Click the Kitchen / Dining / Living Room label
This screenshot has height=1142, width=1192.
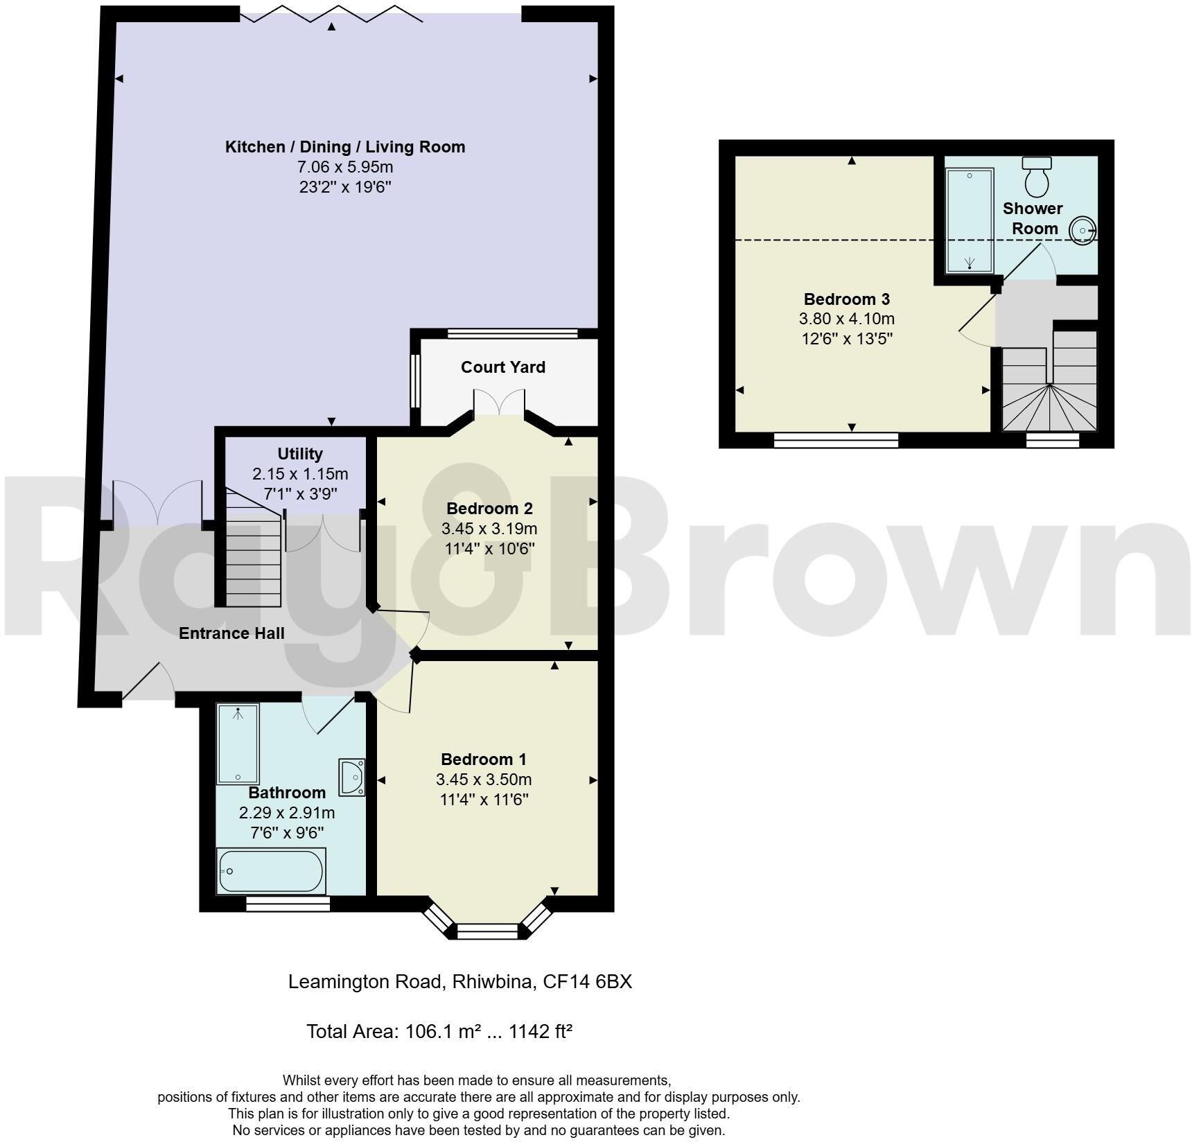pyautogui.click(x=344, y=147)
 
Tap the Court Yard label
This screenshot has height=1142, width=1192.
pyautogui.click(x=502, y=367)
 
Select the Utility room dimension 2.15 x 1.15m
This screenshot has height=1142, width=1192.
pyautogui.click(x=299, y=474)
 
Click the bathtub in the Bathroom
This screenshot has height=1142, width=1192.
pyautogui.click(x=271, y=871)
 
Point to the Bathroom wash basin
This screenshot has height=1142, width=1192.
pyautogui.click(x=351, y=778)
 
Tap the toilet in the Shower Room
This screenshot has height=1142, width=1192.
pyautogui.click(x=1037, y=177)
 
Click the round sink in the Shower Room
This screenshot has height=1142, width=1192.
pyautogui.click(x=1082, y=230)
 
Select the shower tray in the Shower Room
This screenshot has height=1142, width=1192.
pyautogui.click(x=970, y=219)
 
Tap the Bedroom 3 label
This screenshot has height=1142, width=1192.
pyautogui.click(x=846, y=299)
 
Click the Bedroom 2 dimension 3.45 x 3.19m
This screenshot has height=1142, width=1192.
pyautogui.click(x=489, y=529)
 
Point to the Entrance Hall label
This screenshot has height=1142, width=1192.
pyautogui.click(x=231, y=633)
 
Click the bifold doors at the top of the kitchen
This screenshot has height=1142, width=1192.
pyautogui.click(x=331, y=14)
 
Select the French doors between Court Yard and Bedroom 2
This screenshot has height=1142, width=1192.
pyautogui.click(x=499, y=403)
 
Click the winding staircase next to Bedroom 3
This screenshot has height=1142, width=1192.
pyautogui.click(x=1050, y=395)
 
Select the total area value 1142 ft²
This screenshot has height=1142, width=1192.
pyautogui.click(x=540, y=1032)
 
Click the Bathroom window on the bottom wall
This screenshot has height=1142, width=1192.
pyautogui.click(x=288, y=904)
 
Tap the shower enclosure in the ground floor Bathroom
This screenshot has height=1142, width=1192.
pyautogui.click(x=238, y=744)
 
